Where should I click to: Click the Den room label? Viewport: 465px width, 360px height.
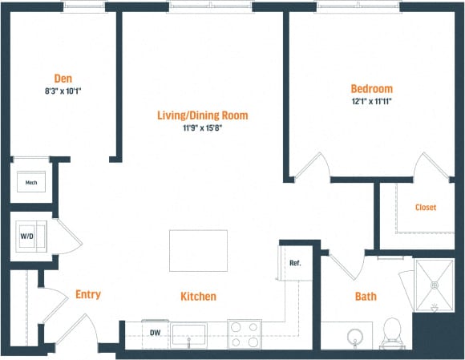[x=62, y=79]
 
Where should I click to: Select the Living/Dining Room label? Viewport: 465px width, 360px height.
[x=203, y=115]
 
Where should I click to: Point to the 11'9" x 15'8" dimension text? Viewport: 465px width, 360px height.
[x=203, y=127]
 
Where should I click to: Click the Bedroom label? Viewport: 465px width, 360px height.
[x=372, y=88]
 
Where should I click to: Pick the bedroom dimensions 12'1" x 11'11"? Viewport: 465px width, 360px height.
[x=372, y=102]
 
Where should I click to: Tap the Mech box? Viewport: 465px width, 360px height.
[x=31, y=183]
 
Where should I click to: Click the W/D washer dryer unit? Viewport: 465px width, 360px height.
[x=27, y=237]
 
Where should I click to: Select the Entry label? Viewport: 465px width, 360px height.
[x=87, y=294]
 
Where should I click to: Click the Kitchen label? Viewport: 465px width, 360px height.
[x=198, y=297]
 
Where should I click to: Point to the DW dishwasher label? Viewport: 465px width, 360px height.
[x=156, y=332]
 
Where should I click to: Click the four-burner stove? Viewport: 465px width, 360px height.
[x=245, y=334]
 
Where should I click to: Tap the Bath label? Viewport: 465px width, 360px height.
[x=366, y=297]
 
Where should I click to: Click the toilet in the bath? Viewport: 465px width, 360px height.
[x=391, y=332]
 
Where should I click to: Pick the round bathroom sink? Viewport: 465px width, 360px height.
[x=354, y=334]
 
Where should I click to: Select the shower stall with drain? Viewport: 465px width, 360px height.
[x=435, y=285]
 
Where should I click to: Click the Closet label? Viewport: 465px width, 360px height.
[x=426, y=208]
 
